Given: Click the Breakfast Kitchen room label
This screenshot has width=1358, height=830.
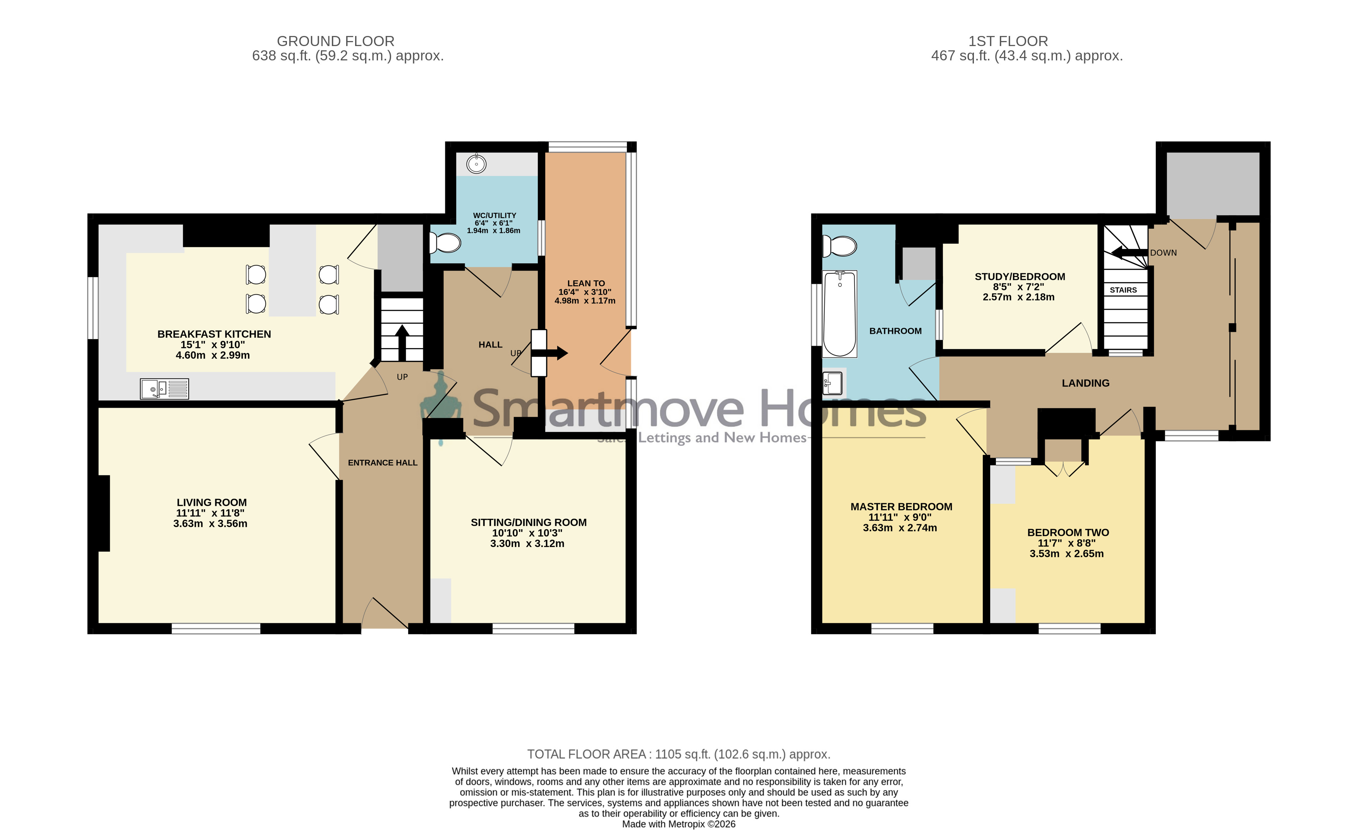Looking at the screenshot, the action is click(x=214, y=334).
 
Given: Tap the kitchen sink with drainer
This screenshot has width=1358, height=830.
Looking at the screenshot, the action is click(x=164, y=389).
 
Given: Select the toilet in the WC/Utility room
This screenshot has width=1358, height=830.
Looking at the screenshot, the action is click(x=445, y=242).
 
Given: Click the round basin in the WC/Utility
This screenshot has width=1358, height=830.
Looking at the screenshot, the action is click(x=476, y=164).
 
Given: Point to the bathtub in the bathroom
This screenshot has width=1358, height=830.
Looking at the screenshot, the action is click(x=840, y=314).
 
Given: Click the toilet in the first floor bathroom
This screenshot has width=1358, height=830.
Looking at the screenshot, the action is click(x=839, y=246).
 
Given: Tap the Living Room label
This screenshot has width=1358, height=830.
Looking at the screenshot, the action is click(x=212, y=502).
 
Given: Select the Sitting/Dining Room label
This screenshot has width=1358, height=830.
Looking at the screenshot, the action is click(x=529, y=523).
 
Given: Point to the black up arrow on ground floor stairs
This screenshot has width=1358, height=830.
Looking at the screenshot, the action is click(x=402, y=343).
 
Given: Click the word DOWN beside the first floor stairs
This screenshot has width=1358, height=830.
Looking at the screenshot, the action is click(x=1164, y=253).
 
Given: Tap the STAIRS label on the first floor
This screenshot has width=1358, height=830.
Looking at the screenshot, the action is click(x=1123, y=290).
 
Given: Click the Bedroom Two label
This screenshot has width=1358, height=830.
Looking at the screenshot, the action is click(x=1068, y=532).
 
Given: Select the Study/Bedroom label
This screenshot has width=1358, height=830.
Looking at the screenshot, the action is click(x=1020, y=277).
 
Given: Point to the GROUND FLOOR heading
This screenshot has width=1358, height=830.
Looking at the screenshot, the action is click(x=336, y=41).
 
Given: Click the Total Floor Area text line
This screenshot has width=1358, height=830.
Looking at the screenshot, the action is click(x=678, y=754).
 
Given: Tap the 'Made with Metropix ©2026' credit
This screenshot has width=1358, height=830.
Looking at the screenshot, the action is click(x=678, y=824).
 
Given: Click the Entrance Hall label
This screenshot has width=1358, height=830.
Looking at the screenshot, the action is click(x=383, y=463).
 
